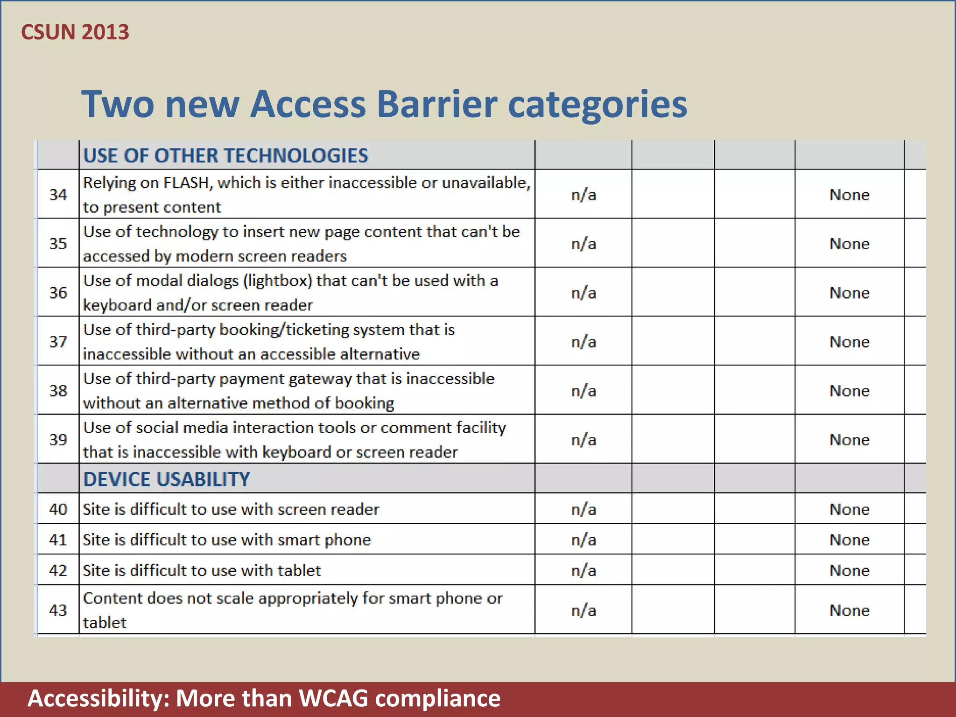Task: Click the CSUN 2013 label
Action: [75, 32]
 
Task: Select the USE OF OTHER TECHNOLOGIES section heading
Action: [225, 155]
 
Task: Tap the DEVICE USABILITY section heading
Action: [166, 479]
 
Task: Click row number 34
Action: [58, 195]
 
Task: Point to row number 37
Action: [58, 342]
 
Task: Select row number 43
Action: [58, 610]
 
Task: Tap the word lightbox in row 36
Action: [279, 281]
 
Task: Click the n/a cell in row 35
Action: [583, 244]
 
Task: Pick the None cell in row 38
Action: [850, 391]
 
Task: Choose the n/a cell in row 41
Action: [583, 540]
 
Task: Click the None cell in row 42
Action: [850, 570]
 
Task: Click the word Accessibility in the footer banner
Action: [98, 698]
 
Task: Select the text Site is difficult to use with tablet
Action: [202, 570]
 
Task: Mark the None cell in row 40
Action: [850, 509]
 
